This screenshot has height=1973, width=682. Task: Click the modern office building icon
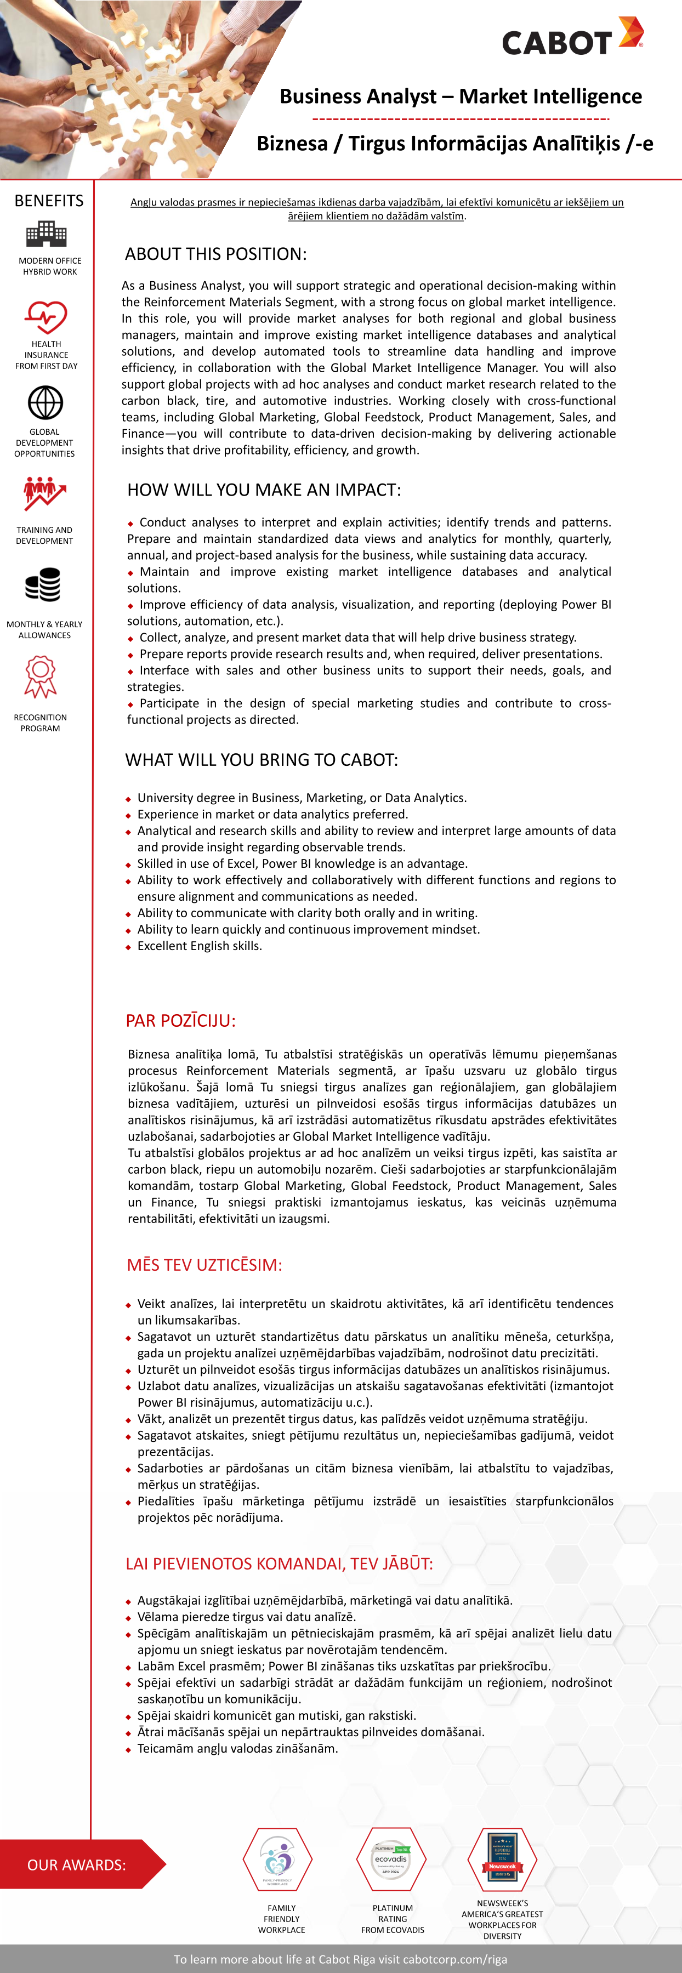[46, 234]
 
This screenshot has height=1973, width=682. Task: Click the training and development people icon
[44, 494]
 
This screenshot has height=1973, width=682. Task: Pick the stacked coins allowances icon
[43, 586]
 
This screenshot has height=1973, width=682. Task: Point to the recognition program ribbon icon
[41, 676]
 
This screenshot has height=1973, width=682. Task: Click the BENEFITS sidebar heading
[49, 201]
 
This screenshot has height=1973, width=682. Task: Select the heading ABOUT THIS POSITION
[215, 254]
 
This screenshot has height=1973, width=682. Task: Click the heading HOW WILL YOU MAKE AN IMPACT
[264, 490]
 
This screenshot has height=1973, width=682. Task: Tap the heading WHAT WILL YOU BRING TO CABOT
[262, 760]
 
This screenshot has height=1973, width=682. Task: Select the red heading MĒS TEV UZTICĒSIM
[204, 1265]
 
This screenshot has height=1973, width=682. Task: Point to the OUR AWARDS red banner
[77, 1864]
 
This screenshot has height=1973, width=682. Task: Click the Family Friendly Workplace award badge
[277, 1859]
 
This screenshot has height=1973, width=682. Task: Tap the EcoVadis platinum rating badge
[391, 1859]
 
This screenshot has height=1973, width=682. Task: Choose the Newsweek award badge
[502, 1859]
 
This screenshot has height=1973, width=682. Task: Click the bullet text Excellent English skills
[199, 946]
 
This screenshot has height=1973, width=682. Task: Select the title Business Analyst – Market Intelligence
[461, 96]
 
